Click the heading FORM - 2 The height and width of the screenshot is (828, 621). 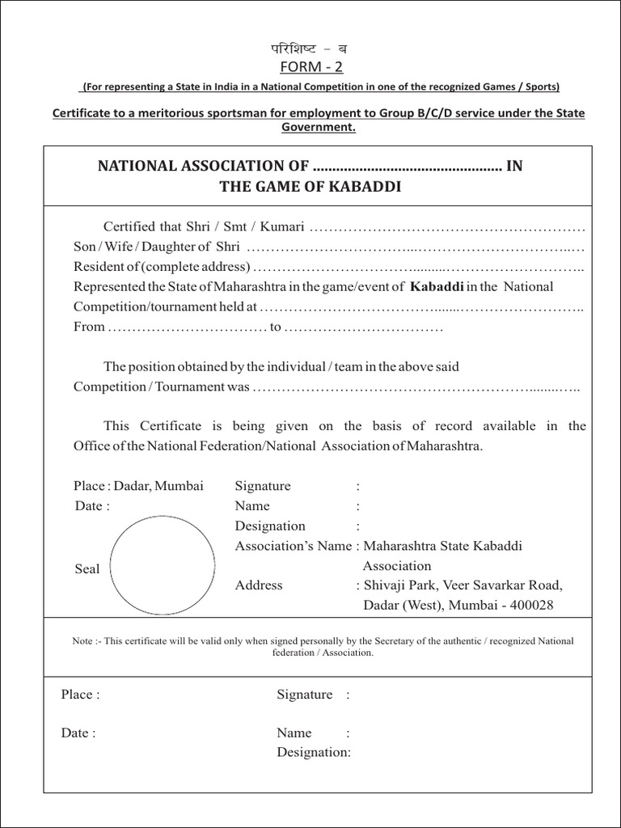(x=311, y=67)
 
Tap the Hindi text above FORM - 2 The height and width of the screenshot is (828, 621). (x=310, y=49)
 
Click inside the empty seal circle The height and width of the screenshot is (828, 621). (x=162, y=566)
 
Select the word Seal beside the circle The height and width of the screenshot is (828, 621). (x=87, y=569)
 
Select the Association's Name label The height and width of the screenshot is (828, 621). (x=293, y=546)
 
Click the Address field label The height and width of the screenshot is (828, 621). (x=259, y=585)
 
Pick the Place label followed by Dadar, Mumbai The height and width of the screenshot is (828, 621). (x=90, y=486)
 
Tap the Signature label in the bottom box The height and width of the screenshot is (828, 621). (x=304, y=695)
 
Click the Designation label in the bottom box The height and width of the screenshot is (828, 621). (x=313, y=753)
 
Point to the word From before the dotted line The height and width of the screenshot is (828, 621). (x=89, y=327)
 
